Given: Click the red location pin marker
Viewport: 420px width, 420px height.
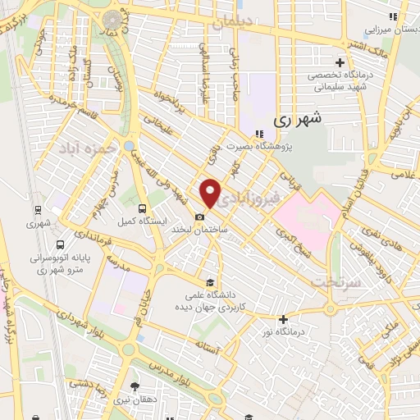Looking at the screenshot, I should (211, 193).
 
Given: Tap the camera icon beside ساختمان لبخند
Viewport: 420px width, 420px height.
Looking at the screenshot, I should (200, 217).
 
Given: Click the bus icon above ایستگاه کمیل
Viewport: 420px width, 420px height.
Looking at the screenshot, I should (143, 209).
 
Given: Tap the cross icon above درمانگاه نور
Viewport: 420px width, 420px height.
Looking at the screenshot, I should (283, 319).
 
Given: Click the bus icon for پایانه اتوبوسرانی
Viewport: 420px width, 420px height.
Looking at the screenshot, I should (60, 244).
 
